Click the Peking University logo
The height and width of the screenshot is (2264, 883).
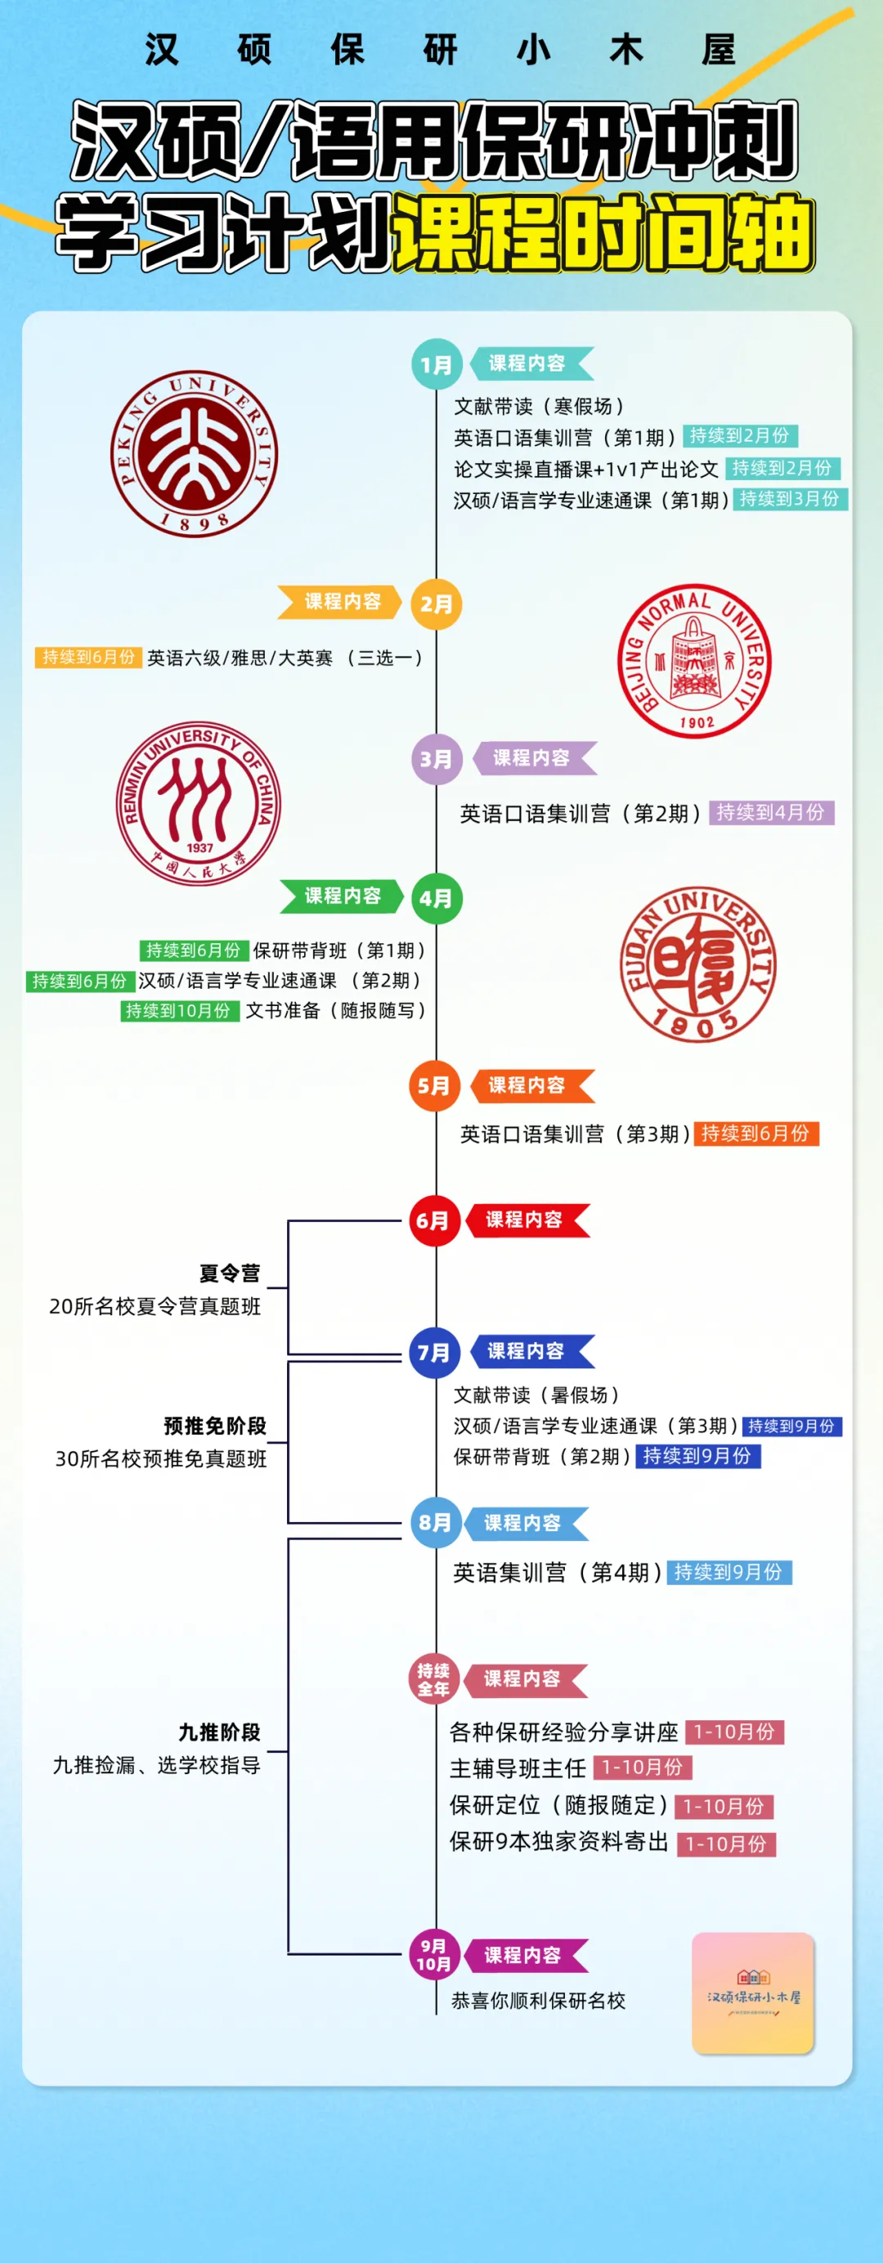point(194,453)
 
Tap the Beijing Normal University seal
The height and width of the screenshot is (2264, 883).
point(694,661)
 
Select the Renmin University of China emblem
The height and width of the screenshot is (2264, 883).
point(199,803)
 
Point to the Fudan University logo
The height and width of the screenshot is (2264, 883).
point(697,964)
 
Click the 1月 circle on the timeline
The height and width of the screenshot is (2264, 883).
point(437,364)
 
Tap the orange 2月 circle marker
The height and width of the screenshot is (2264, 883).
point(437,604)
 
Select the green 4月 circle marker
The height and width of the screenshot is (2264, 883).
point(437,898)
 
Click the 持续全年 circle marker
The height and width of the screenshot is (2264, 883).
point(433,1678)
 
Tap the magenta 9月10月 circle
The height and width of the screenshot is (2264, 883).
point(433,1955)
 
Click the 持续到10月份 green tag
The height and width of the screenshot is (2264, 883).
point(178,1011)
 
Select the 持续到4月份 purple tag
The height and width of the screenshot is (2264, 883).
point(770,812)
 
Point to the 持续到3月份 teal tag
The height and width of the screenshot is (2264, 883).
point(789,499)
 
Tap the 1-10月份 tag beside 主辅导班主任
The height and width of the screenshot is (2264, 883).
point(643,1767)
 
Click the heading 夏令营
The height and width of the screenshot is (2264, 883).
point(229,1273)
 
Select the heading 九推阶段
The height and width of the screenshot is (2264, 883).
point(220,1732)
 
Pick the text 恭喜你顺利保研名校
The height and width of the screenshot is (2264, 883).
point(538,2001)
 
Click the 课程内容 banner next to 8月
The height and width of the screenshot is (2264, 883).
point(523,1523)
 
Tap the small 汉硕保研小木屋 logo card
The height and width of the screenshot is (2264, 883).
point(753,1993)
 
